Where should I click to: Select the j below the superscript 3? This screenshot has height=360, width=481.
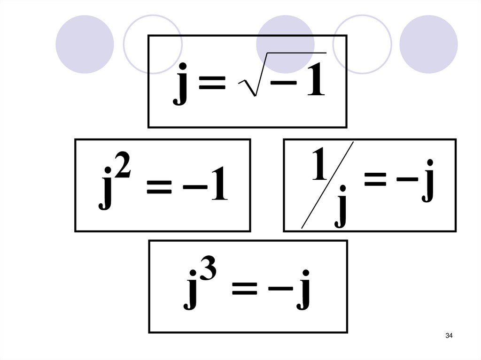(x=190, y=293)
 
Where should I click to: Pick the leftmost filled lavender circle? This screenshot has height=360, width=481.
(x=85, y=44)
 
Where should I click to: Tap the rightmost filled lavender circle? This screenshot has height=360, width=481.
(x=428, y=44)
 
